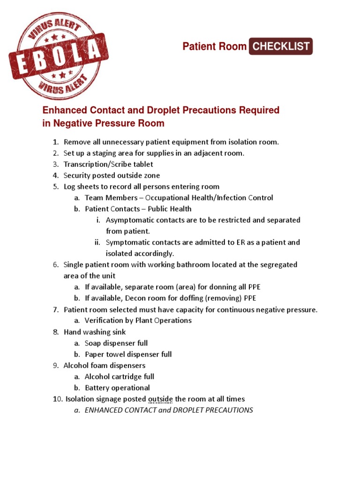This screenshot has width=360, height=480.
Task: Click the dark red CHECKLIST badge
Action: click(x=280, y=46)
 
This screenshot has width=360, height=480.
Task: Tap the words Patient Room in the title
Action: click(x=214, y=46)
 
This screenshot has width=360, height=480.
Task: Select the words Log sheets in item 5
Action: click(x=80, y=187)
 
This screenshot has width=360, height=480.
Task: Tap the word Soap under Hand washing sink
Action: click(x=93, y=343)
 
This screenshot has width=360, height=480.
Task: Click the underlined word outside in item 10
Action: click(x=161, y=399)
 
